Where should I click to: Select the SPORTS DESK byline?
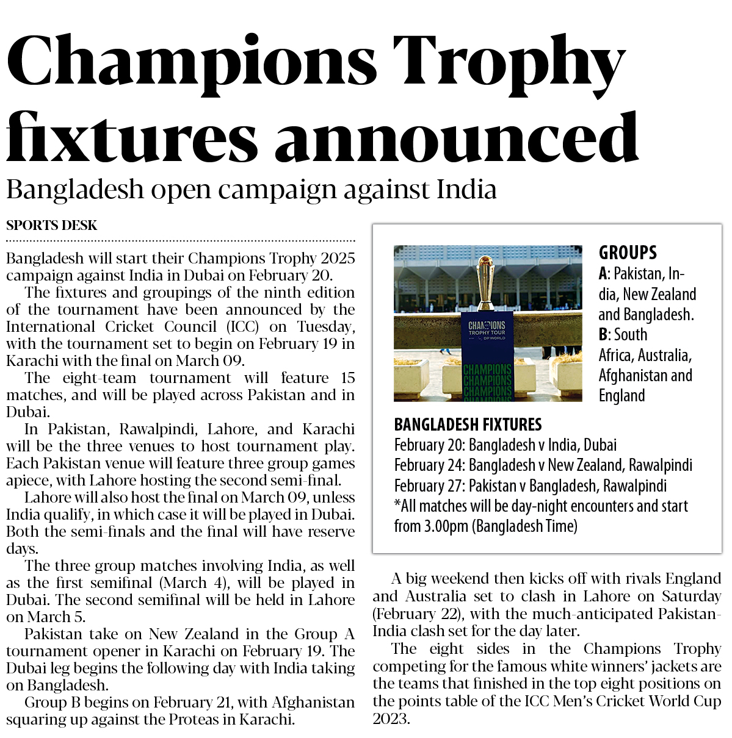tap(51, 226)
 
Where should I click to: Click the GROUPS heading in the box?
tap(628, 253)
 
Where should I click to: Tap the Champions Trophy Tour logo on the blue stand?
tap(487, 329)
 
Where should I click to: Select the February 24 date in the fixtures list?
tap(429, 465)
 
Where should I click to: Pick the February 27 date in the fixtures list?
tap(429, 486)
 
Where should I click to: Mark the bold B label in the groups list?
tap(603, 335)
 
